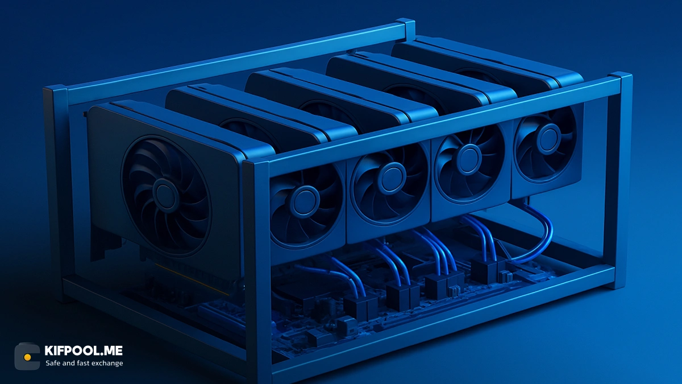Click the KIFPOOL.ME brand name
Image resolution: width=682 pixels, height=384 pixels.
[84, 350]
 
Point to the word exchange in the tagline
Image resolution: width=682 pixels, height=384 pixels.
[107, 363]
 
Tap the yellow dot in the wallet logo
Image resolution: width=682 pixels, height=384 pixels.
[27, 357]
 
